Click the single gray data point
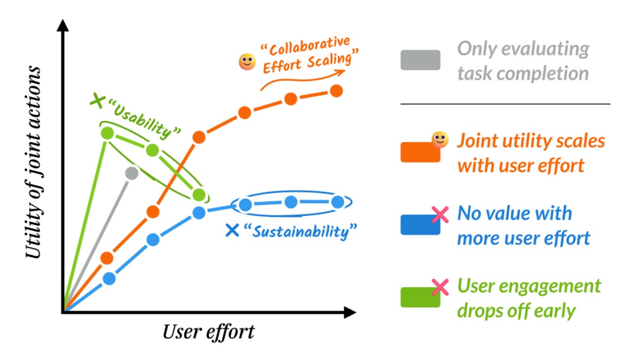tap(131, 173)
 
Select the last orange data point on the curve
tap(337, 91)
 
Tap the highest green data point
tap(108, 133)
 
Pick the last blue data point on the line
tap(338, 202)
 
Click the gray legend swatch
tap(420, 60)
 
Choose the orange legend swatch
tap(420, 152)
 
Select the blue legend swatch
tap(420, 225)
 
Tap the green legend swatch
tap(420, 298)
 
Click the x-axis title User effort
tap(208, 332)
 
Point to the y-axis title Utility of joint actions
tap(33, 163)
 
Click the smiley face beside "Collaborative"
tap(247, 62)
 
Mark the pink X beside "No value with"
tap(440, 214)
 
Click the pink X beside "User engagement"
tap(440, 287)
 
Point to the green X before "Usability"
tap(98, 102)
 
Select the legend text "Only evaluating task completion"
tap(523, 61)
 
